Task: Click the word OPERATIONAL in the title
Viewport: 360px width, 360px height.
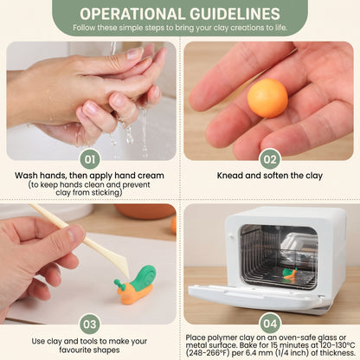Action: pos(132,14)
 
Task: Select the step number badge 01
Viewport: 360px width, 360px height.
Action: pos(90,159)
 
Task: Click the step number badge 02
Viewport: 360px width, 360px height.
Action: pos(270,159)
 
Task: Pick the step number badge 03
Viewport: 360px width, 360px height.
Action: pos(90,324)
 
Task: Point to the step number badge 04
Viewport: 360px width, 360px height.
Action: pos(270,324)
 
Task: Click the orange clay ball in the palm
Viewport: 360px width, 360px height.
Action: pos(267,98)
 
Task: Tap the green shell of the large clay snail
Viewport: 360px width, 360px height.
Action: pos(144,276)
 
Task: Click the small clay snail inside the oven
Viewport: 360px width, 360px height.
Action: pos(290,273)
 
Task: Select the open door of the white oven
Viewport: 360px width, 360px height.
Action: pos(257,297)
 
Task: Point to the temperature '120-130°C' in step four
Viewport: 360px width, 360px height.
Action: pos(337,345)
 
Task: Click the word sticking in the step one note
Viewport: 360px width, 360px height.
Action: pos(106,193)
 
